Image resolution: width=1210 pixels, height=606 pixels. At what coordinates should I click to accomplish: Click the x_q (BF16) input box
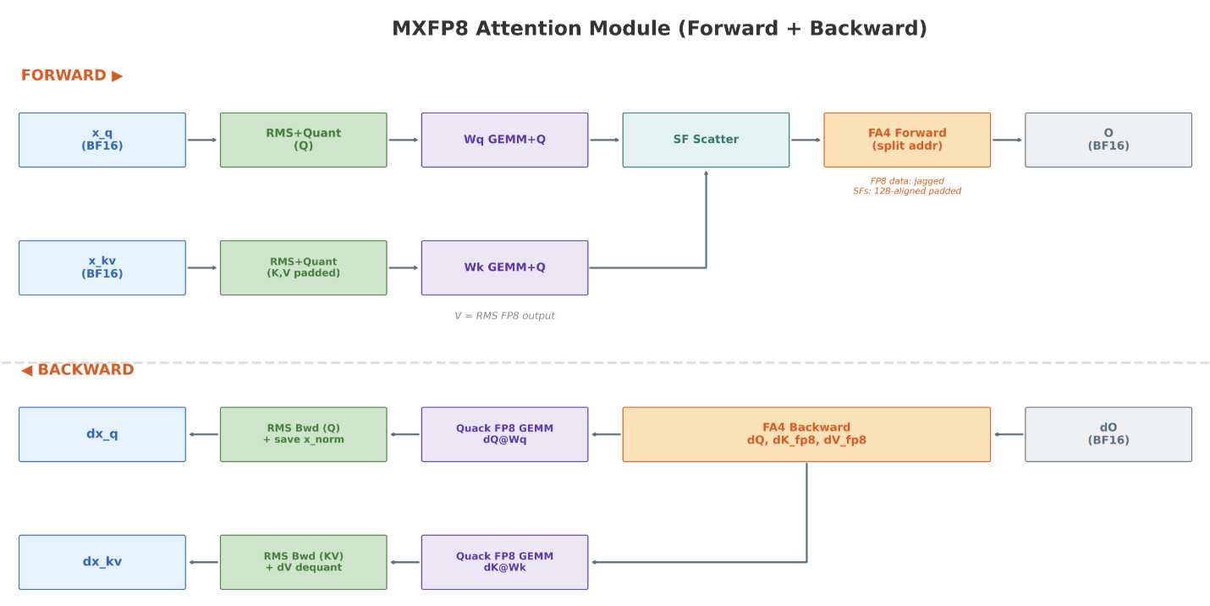tap(102, 140)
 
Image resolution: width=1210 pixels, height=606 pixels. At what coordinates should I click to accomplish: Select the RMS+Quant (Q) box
tap(304, 140)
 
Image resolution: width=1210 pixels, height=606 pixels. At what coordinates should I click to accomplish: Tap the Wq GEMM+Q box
tap(504, 140)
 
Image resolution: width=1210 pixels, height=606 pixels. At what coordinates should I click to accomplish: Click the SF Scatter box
tap(706, 140)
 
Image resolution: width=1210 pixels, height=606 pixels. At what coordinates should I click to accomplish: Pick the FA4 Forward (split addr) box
tap(907, 140)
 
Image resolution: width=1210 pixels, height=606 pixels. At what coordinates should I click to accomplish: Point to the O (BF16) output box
tap(1108, 140)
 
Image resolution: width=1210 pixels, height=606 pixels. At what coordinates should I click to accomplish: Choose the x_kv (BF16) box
tap(102, 268)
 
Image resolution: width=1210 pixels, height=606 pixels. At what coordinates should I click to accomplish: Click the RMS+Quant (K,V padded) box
tap(304, 268)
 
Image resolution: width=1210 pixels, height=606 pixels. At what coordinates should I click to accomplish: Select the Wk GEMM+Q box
tap(504, 268)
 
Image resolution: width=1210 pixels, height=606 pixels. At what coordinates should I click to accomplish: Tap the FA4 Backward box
tap(806, 434)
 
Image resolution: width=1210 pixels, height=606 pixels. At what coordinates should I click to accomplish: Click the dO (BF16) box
tap(1108, 434)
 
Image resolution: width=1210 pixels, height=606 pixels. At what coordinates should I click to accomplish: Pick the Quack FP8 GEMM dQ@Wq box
tap(504, 434)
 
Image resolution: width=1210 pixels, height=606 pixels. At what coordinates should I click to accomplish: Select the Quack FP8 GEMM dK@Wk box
tap(504, 562)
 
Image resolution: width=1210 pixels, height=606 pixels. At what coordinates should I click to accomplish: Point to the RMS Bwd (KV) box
tap(304, 562)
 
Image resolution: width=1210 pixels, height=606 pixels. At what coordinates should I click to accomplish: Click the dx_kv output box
tap(102, 562)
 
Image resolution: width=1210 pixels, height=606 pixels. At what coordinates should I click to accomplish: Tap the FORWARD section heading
tap(72, 75)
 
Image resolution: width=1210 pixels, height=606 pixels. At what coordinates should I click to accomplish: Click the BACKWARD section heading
tap(78, 369)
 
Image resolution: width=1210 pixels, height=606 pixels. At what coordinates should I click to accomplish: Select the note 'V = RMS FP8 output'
tap(504, 316)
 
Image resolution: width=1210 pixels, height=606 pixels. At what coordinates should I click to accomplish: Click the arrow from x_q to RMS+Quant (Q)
tap(202, 140)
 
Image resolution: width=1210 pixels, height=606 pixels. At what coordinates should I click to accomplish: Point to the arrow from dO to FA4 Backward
tap(1009, 434)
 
